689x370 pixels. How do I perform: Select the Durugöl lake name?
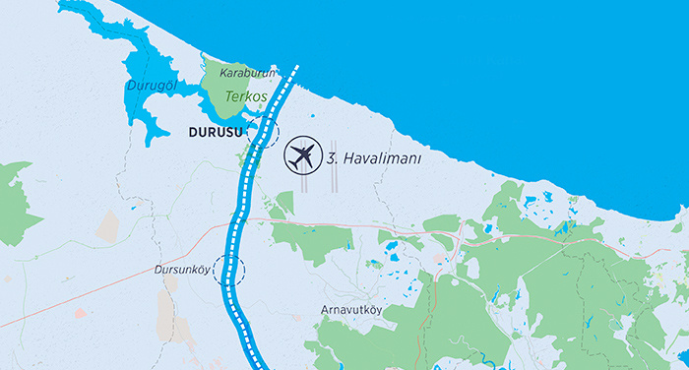coord(151,87)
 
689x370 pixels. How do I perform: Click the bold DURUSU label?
coord(216,130)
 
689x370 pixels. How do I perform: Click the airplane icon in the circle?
coord(302,156)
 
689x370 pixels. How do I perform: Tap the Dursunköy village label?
coord(183,269)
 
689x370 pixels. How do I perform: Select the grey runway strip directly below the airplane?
coord(304,183)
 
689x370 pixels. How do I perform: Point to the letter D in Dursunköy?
coord(157,269)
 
